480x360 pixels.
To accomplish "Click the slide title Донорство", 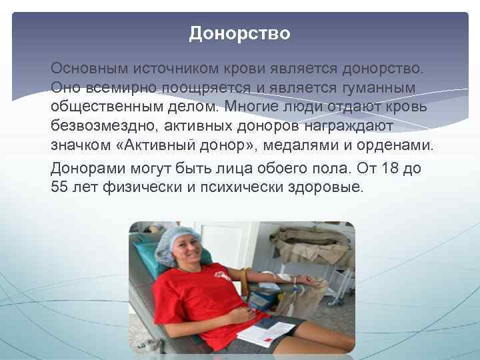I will coord(239,33).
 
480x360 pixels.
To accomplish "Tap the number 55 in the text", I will coord(62,187).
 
